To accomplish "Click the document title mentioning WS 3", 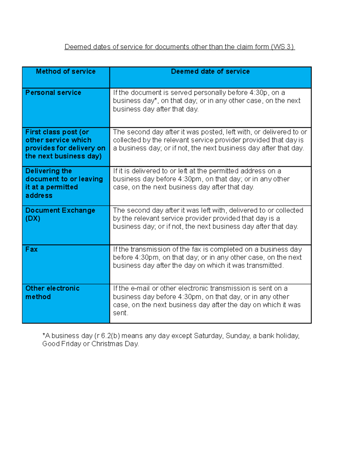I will [180, 47].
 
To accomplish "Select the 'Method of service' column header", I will [66, 71].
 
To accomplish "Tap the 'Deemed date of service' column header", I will [210, 71].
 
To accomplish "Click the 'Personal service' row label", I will [53, 93].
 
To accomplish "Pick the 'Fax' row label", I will [31, 249].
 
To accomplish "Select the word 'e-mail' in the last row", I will [140, 288].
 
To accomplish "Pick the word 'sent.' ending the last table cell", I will [120, 313].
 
